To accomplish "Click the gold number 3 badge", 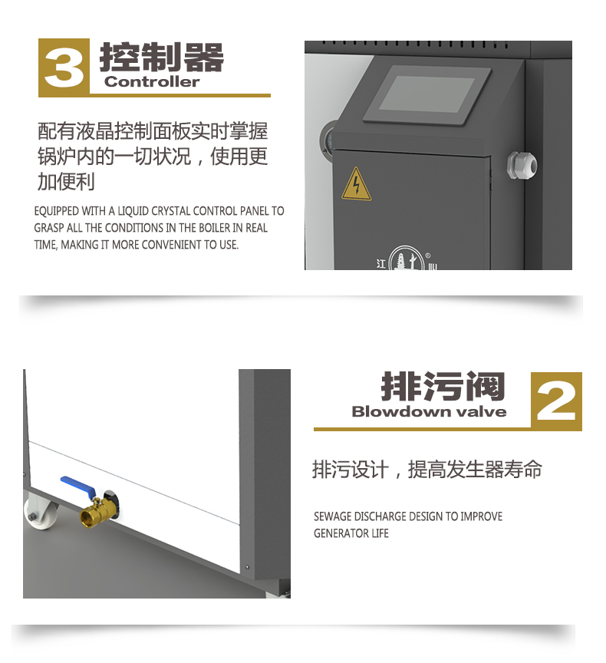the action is pos(64,67).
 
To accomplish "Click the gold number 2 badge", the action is pos(556,401).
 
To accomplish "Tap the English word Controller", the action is pos(152,81).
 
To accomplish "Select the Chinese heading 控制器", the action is pos(161,57).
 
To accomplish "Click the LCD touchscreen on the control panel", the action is pos(427,94).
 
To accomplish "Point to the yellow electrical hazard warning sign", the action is pos(356,184).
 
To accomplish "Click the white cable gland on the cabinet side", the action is pos(522,165).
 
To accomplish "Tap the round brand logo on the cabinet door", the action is pos(406,258).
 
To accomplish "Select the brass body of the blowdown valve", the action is pos(97,510).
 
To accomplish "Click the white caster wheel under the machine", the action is pos(38,513).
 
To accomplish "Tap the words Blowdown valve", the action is pos(429,411).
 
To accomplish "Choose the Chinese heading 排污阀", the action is pos(443,387).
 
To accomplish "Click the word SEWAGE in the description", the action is pos(333,516).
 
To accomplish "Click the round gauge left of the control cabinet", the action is pos(327,141).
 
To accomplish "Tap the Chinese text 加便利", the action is pos(66,182).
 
